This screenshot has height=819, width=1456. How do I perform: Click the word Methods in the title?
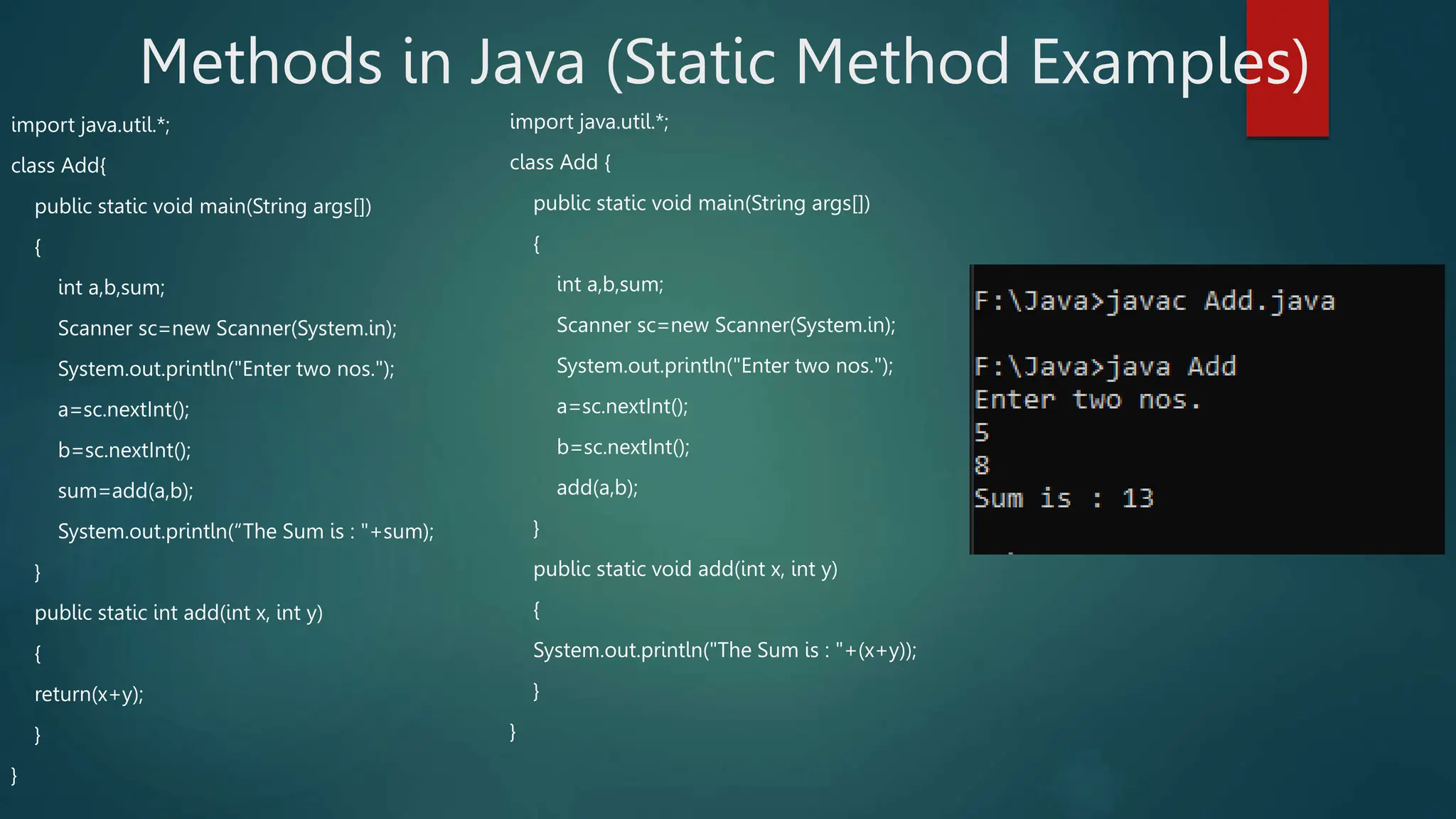tap(261, 63)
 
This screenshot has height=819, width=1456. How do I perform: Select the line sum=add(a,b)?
tap(126, 491)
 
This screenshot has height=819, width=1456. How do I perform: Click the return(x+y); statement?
tap(89, 694)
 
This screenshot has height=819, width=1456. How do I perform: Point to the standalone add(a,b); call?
tap(597, 488)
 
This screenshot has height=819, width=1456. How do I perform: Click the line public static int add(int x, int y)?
tap(178, 613)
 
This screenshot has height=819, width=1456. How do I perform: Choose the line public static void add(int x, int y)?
tap(685, 569)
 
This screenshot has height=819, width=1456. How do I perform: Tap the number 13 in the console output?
tap(1137, 498)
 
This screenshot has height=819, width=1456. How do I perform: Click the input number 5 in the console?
tap(982, 432)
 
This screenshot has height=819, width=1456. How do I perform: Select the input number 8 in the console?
tap(982, 466)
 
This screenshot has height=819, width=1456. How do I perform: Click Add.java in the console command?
tap(1269, 301)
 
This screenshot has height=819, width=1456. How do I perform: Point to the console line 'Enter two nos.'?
tap(1088, 400)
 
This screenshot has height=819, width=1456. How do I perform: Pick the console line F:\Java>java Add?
tap(1105, 367)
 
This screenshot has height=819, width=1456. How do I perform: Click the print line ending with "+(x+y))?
tap(725, 651)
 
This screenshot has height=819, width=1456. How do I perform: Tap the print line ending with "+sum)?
tap(246, 532)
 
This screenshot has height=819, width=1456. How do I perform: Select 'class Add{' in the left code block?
tap(59, 166)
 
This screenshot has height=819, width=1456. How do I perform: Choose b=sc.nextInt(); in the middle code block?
tap(623, 447)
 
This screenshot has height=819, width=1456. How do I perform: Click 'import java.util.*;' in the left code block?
tap(91, 125)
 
